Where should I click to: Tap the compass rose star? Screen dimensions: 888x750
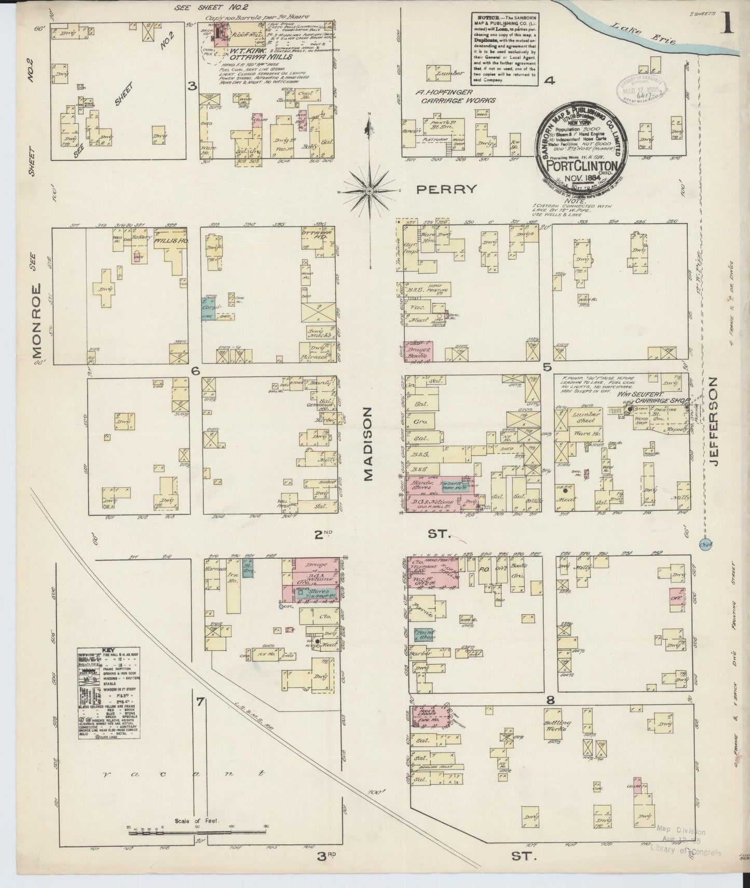point(369,191)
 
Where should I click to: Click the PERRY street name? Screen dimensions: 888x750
point(447,190)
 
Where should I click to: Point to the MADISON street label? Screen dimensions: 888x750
point(369,443)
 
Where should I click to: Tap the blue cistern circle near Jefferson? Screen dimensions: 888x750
point(705,544)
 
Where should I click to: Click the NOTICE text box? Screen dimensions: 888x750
point(505,48)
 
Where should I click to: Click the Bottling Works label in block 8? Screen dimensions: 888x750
point(556,725)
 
